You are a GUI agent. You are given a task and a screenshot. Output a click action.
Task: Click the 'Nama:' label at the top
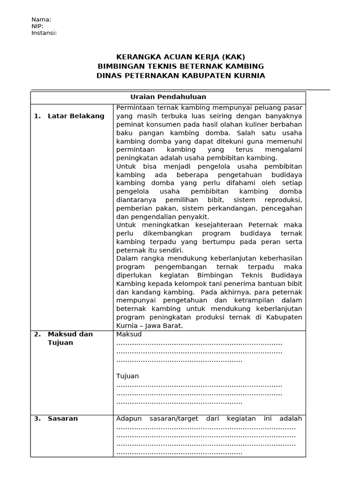41,20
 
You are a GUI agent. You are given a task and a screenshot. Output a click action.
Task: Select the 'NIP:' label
37,26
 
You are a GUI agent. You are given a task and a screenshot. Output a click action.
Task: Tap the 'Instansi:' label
44,33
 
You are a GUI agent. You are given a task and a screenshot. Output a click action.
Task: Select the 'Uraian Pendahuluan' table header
168,97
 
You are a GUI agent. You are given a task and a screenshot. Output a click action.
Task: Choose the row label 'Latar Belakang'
76,116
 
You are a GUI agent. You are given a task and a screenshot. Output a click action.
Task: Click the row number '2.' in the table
37,334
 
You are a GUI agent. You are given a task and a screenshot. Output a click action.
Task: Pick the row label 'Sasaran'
63,419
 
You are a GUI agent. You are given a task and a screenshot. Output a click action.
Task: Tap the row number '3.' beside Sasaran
37,419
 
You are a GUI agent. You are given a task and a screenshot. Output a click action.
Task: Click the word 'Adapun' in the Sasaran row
128,419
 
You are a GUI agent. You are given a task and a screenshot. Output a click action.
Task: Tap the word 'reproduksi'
284,200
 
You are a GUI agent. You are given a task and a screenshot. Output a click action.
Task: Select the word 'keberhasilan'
279,258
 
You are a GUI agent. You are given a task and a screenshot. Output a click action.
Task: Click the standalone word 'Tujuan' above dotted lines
127,376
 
